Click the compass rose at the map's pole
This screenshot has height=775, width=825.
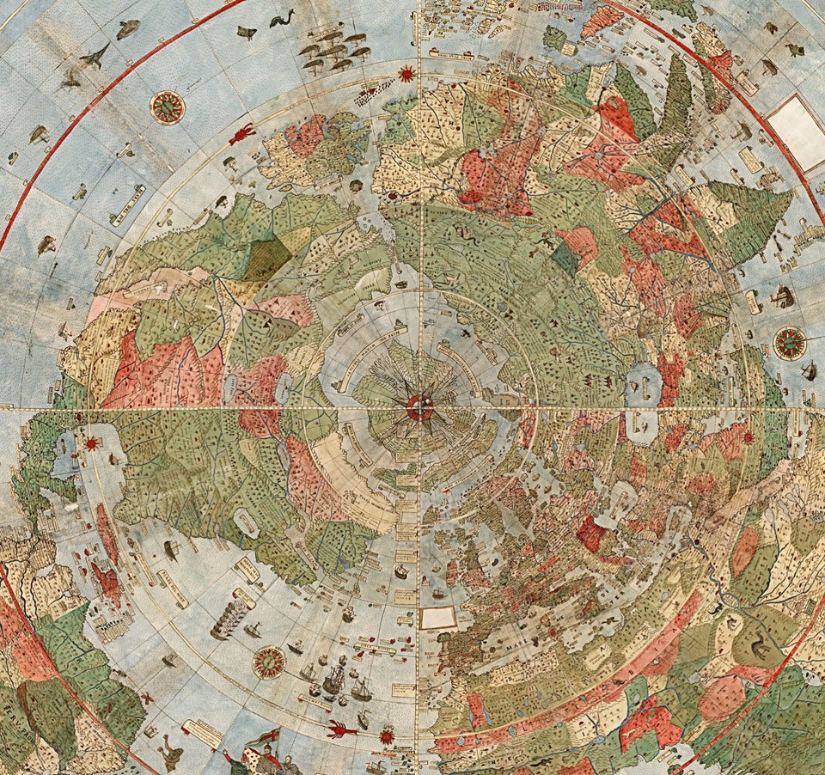tap(420, 406)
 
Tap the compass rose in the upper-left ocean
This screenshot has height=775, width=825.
tap(168, 107)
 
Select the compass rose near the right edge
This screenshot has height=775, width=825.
tap(789, 343)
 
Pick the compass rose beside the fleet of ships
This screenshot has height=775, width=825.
tap(269, 662)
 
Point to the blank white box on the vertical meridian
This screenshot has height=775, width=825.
tap(437, 618)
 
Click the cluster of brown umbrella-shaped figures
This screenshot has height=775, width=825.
tap(335, 49)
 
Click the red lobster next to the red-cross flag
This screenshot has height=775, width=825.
tap(342, 730)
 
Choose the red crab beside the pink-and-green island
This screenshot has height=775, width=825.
tap(241, 134)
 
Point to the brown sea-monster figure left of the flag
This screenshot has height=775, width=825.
tap(172, 754)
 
